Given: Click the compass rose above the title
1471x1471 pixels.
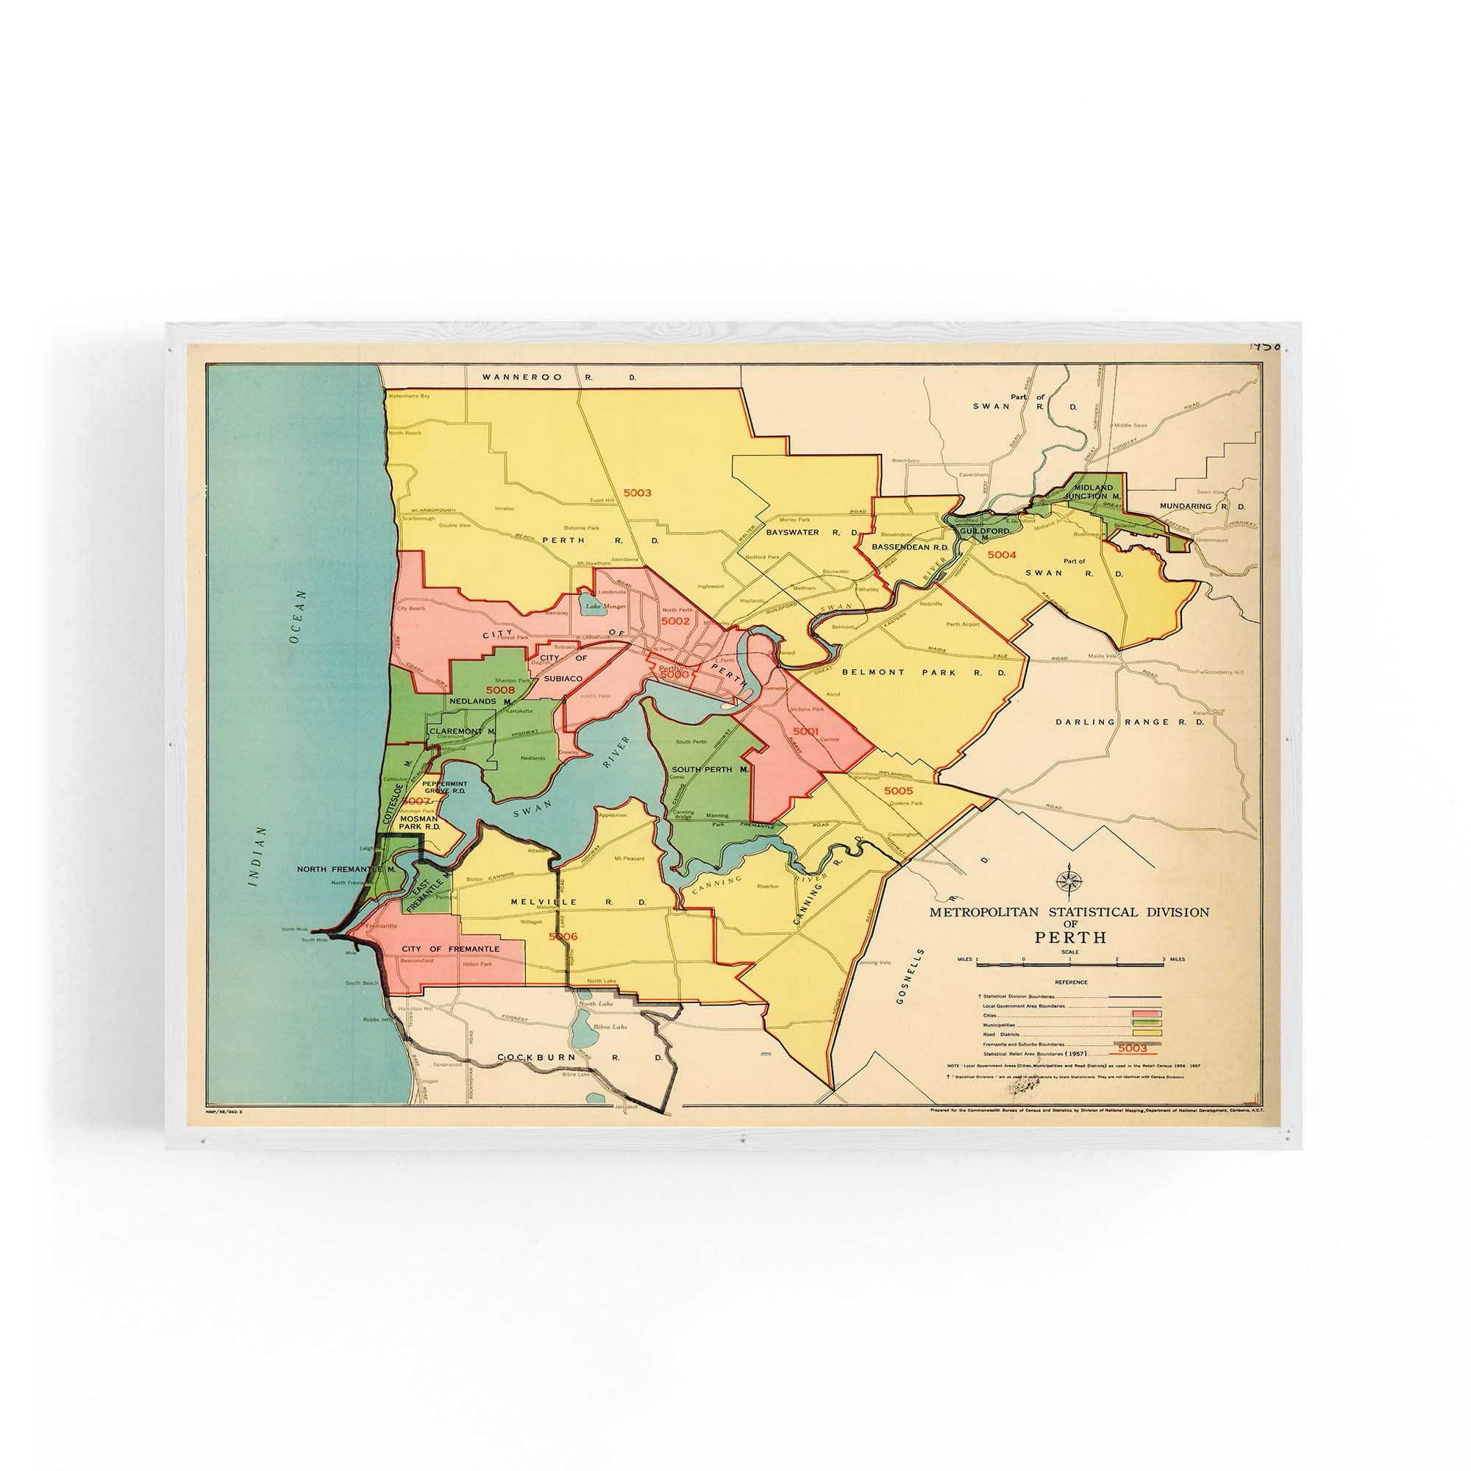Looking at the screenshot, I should [x=1069, y=881].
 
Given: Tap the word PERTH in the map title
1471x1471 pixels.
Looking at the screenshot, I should [x=1069, y=937].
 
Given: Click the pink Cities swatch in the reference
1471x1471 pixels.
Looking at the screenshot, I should [x=1147, y=1014].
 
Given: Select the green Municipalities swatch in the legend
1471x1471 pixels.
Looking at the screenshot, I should [x=1147, y=1023].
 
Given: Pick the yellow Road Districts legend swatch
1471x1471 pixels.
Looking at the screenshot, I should [x=1147, y=1033].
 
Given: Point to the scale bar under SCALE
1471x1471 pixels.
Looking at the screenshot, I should [x=1069, y=965].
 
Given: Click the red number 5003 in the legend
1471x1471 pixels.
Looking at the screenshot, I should [x=1133, y=1048].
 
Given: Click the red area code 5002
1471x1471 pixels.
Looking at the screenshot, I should [x=675, y=621].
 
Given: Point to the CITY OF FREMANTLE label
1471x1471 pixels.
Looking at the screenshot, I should [x=451, y=949].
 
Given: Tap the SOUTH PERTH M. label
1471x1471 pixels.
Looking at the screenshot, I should [x=710, y=770].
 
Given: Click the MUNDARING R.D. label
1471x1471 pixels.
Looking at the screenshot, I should [x=1202, y=505].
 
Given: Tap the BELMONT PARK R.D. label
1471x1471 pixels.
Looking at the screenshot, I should [x=924, y=673].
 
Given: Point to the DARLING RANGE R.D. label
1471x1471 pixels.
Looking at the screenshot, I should [x=1129, y=722].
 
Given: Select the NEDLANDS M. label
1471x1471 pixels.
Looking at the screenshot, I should [x=479, y=701].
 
